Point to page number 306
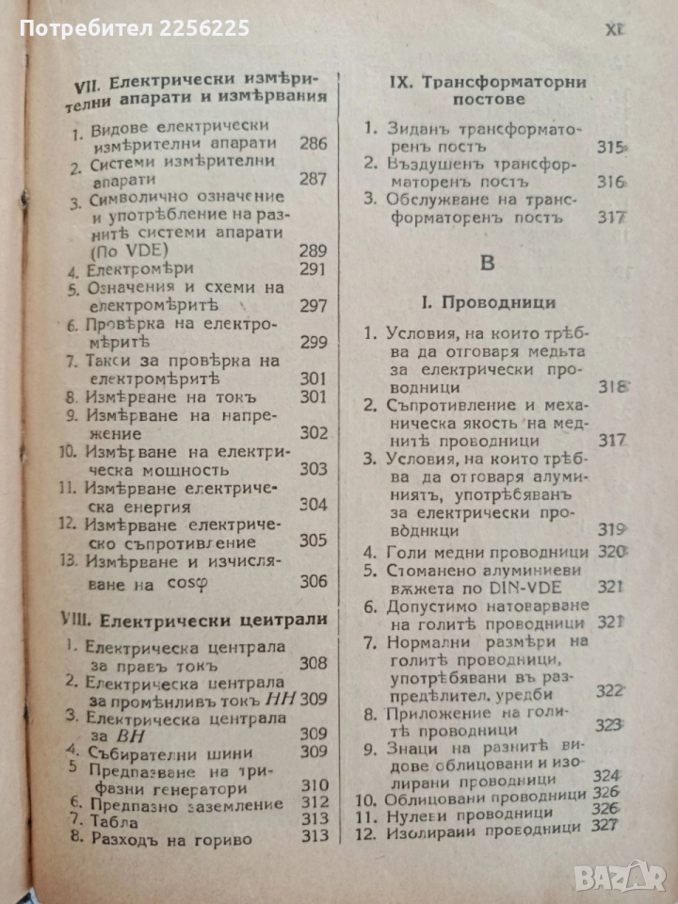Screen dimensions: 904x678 [314, 581]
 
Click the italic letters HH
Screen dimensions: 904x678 [282, 699]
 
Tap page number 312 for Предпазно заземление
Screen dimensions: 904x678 [315, 802]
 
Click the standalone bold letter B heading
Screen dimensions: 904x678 [487, 263]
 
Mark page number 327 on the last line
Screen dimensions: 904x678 [606, 828]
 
